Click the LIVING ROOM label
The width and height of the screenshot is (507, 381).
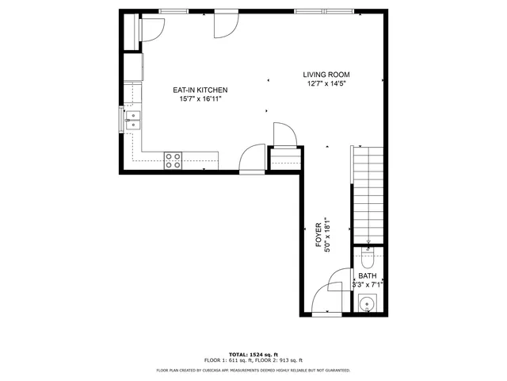326,75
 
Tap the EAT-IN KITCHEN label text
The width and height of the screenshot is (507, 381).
201,90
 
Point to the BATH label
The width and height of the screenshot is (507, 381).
367,275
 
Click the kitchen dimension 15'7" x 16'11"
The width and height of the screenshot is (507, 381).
201,99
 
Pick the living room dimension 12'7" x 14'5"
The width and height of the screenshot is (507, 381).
326,83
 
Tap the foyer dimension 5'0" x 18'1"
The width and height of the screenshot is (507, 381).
326,236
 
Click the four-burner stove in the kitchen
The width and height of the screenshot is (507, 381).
173,160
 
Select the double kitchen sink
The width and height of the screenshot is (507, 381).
132,121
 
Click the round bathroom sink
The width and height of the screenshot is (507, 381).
367,303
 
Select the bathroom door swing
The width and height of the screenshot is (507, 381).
343,283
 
